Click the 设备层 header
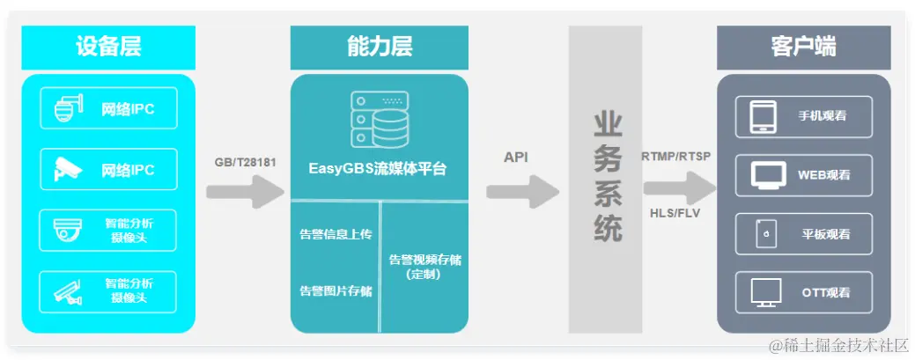pyautogui.click(x=108, y=48)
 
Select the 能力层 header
pyautogui.click(x=379, y=48)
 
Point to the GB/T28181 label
pyautogui.click(x=245, y=163)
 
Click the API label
pyautogui.click(x=516, y=157)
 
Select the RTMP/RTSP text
pyautogui.click(x=676, y=157)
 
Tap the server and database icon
pyautogui.click(x=378, y=118)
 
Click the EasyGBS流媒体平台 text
pyautogui.click(x=378, y=168)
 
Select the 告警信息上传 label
pyautogui.click(x=335, y=234)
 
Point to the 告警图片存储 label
pyautogui.click(x=335, y=290)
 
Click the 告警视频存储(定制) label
pyautogui.click(x=424, y=267)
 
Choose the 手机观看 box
pyautogui.click(x=803, y=117)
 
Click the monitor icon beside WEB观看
pyautogui.click(x=769, y=175)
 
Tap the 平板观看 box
pyautogui.click(x=803, y=234)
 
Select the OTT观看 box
pyautogui.click(x=803, y=292)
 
